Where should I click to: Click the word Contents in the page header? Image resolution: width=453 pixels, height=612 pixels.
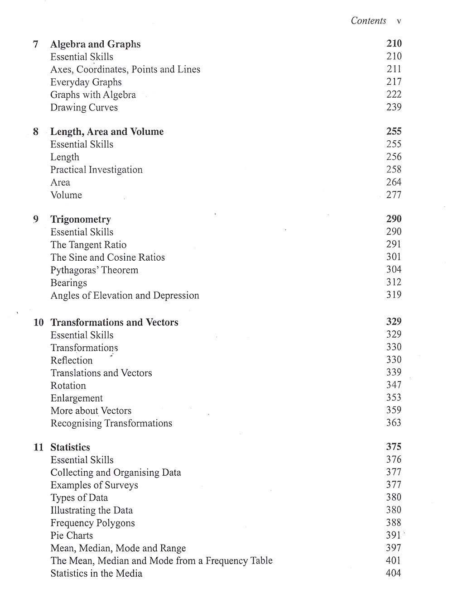(368, 21)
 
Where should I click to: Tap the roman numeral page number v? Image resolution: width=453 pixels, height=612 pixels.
(399, 21)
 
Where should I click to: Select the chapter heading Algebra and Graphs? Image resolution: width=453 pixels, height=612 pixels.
(95, 44)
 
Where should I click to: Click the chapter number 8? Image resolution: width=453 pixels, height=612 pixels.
(36, 132)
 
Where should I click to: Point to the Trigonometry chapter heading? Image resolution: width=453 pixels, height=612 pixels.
(81, 220)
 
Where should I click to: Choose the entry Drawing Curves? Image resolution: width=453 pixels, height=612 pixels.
(84, 108)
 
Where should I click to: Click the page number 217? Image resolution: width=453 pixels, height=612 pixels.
(394, 82)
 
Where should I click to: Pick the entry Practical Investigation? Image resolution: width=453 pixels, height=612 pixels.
(96, 170)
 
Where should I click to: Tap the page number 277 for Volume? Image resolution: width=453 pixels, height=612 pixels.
(394, 195)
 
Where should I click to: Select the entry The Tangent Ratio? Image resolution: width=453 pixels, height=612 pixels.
(88, 245)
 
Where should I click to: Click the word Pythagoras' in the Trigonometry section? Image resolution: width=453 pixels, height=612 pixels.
(70, 270)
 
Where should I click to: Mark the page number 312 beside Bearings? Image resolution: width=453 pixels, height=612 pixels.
(394, 282)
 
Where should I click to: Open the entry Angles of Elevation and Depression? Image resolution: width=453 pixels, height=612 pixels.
(125, 296)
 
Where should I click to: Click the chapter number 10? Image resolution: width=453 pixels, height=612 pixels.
(39, 323)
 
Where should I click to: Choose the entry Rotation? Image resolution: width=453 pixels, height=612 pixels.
(68, 386)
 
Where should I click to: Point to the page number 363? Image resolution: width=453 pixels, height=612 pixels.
(394, 423)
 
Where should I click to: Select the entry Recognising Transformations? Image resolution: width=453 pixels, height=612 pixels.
(111, 424)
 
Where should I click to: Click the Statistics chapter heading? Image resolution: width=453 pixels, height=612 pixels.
(70, 448)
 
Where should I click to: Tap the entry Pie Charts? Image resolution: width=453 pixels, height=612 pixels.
(72, 535)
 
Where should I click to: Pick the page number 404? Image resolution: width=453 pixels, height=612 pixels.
(393, 573)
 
